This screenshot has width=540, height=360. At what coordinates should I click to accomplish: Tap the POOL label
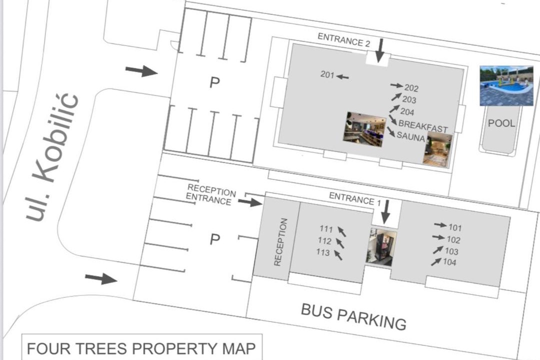tap(501, 123)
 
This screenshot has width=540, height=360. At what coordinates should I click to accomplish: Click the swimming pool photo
tap(506, 86)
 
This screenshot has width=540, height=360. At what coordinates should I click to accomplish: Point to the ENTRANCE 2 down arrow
tap(380, 50)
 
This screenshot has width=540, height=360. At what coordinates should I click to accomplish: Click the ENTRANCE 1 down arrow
tap(385, 211)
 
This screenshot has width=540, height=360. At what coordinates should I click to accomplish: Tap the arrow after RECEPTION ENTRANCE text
tap(250, 202)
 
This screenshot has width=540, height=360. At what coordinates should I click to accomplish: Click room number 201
tap(327, 74)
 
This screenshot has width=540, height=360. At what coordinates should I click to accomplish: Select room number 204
tap(407, 111)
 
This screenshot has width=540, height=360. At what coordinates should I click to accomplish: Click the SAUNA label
tap(410, 137)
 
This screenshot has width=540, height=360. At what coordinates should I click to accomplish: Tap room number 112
tap(324, 240)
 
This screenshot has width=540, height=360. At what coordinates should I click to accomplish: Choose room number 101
tap(455, 227)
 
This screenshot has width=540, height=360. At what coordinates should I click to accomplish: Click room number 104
tap(449, 262)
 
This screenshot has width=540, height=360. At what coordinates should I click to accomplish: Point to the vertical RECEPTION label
tap(280, 242)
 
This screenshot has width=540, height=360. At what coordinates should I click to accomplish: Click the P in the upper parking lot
tap(214, 82)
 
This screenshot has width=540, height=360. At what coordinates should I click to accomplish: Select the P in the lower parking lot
tap(215, 239)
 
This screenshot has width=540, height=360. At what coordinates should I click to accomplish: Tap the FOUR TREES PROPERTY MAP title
tap(141, 348)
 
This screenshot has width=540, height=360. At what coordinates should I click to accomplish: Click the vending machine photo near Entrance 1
tap(381, 246)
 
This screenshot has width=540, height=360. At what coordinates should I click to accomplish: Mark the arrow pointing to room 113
tap(338, 255)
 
